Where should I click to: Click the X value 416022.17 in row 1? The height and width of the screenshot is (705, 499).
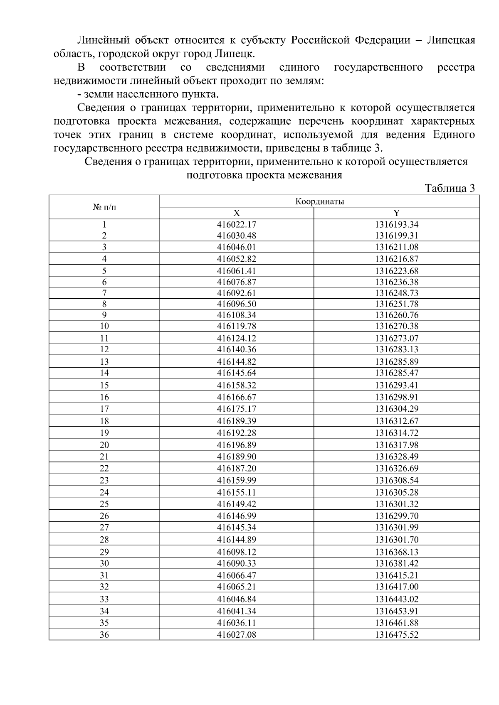coord(237,224)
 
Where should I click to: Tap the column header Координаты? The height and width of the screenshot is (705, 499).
coord(319,202)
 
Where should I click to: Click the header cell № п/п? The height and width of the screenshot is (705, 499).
coord(104,207)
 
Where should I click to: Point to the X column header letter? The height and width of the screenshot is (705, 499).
coord(237,213)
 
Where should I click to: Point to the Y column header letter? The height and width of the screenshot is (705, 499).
coord(396,213)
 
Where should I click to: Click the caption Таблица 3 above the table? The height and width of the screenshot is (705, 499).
coord(450,188)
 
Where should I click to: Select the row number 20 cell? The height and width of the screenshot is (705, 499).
coord(104,445)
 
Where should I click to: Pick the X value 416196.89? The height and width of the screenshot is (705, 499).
coord(237,445)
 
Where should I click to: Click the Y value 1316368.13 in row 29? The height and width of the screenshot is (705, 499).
coord(396,552)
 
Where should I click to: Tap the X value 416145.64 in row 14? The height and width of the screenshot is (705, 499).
coord(237,373)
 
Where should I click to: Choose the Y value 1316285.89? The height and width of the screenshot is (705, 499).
coord(396,361)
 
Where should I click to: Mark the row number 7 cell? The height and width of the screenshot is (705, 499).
coord(104,293)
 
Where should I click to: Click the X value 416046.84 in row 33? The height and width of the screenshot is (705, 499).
coord(237,599)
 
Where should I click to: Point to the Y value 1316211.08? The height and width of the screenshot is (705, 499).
coord(396,247)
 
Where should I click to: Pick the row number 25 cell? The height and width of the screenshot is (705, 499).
coord(104,504)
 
